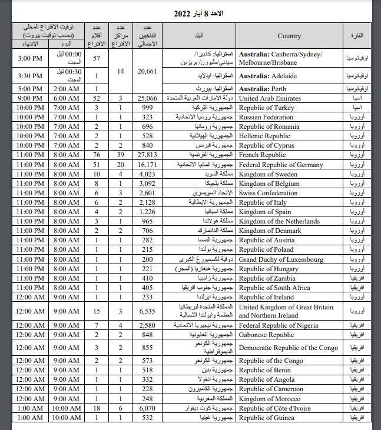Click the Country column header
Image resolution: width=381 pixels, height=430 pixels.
(289, 36)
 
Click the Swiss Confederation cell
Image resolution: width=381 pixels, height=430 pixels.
(270, 193)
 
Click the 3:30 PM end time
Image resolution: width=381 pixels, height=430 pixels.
(29, 76)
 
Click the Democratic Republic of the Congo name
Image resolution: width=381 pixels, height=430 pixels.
(290, 348)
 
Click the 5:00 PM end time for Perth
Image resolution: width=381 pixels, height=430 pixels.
(29, 89)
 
